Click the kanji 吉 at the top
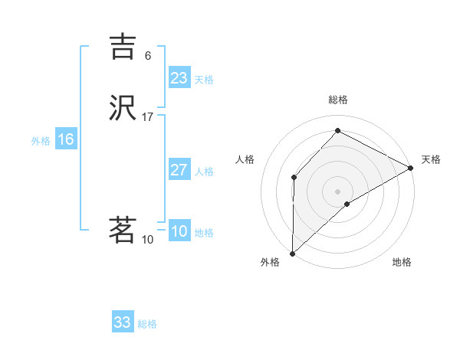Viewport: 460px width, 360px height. tap(123, 47)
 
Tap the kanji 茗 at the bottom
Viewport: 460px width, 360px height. tap(123, 230)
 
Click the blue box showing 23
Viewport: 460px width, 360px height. tap(179, 78)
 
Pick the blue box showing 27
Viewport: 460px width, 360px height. tap(179, 170)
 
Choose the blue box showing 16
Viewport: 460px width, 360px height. tap(65, 139)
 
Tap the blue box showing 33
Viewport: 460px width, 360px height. tap(122, 322)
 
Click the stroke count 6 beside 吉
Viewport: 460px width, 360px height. tap(148, 56)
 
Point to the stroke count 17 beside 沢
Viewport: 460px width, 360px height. tap(148, 117)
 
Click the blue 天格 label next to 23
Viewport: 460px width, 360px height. tap(204, 80)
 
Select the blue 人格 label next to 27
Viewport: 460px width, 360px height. tap(204, 172)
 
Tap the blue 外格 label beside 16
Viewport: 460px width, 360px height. tap(41, 141)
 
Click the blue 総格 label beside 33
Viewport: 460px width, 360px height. tap(147, 324)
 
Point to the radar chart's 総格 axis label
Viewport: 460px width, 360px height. tap(338, 100)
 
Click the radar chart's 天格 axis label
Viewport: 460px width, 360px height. tap(431, 159)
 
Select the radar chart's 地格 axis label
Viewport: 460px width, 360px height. tap(402, 262)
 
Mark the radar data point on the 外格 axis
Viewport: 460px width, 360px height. tap(292, 253)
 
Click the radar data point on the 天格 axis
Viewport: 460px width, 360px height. tap(411, 168)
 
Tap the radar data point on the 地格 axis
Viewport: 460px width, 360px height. tap(347, 204)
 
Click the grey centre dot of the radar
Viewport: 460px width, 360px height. tap(338, 191)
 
